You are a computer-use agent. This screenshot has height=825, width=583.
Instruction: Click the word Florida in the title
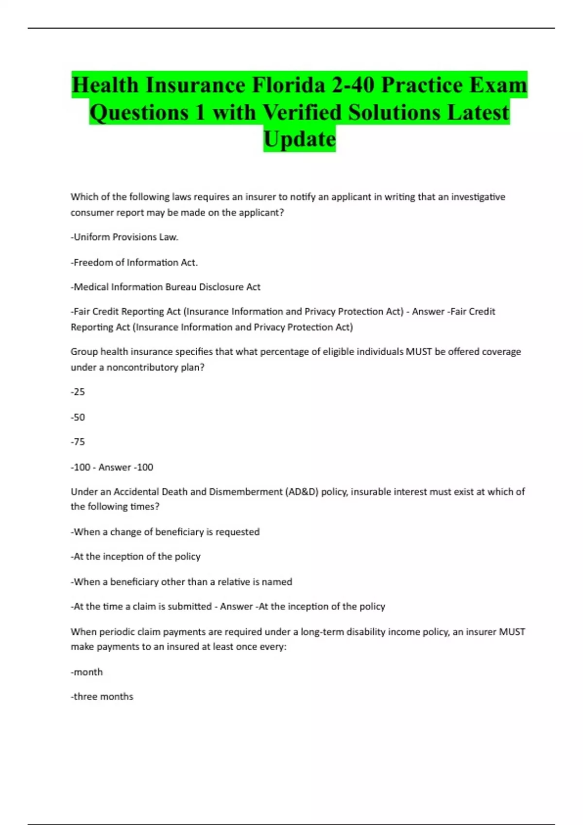click(x=288, y=85)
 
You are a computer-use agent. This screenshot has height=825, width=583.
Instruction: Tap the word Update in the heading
click(x=299, y=139)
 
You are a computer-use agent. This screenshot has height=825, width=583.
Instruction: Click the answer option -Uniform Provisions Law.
click(x=124, y=237)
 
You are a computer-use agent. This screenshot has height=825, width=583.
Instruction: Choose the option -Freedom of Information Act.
click(x=134, y=263)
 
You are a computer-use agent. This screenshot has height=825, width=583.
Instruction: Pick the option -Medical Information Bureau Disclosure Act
click(x=165, y=287)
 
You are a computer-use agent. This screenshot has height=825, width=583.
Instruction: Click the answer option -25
click(x=78, y=392)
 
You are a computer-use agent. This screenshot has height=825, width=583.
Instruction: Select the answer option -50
click(x=78, y=417)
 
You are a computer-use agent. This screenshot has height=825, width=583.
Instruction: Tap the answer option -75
click(x=78, y=442)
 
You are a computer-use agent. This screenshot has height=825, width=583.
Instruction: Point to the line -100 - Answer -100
click(x=112, y=467)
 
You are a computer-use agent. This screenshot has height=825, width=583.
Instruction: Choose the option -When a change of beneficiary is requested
click(x=165, y=532)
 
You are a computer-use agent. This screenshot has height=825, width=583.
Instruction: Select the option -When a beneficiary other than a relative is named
click(x=181, y=582)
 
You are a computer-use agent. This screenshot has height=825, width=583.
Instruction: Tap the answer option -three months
click(x=102, y=697)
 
